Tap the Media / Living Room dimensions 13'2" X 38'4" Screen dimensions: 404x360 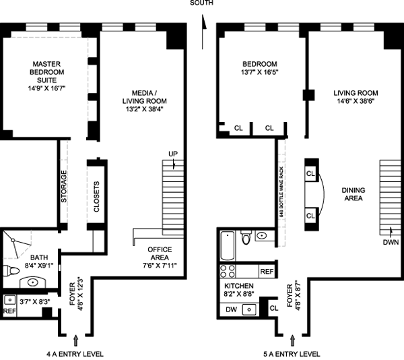pyautogui.click(x=145, y=109)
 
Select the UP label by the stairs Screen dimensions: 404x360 pyautogui.click(x=173, y=154)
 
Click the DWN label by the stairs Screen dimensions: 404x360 pyautogui.click(x=391, y=242)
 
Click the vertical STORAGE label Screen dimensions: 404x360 pyautogui.click(x=64, y=186)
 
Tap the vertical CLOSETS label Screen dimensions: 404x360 pyautogui.click(x=96, y=197)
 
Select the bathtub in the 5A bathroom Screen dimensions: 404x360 pyautogui.click(x=228, y=245)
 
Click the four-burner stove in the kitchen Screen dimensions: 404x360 pyautogui.click(x=228, y=271)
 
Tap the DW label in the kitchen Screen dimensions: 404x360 pyautogui.click(x=231, y=309)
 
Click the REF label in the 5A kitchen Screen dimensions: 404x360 pyautogui.click(x=267, y=272)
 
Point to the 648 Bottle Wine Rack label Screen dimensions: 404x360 pyautogui.click(x=281, y=191)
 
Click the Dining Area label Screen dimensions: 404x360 pyautogui.click(x=353, y=194)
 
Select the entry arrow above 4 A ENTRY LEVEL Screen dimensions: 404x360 pyautogui.click(x=75, y=340)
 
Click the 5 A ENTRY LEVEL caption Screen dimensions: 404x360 pyautogui.click(x=292, y=354)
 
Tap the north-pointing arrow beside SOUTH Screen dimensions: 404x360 pyautogui.click(x=203, y=32)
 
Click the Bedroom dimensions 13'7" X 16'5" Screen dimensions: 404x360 pyautogui.click(x=259, y=72)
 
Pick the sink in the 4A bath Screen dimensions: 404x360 pyautogui.click(x=33, y=282)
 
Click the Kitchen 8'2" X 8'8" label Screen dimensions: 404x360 pyautogui.click(x=239, y=290)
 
